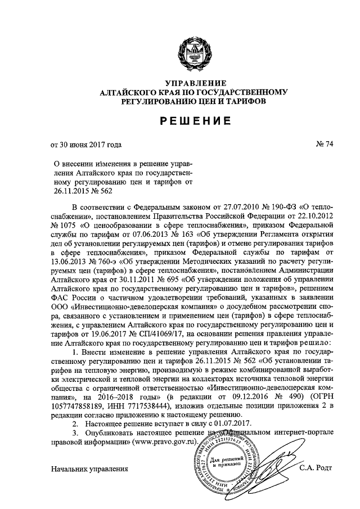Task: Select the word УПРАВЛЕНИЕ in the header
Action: click(179, 83)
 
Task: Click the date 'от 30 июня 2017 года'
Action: click(86, 145)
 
